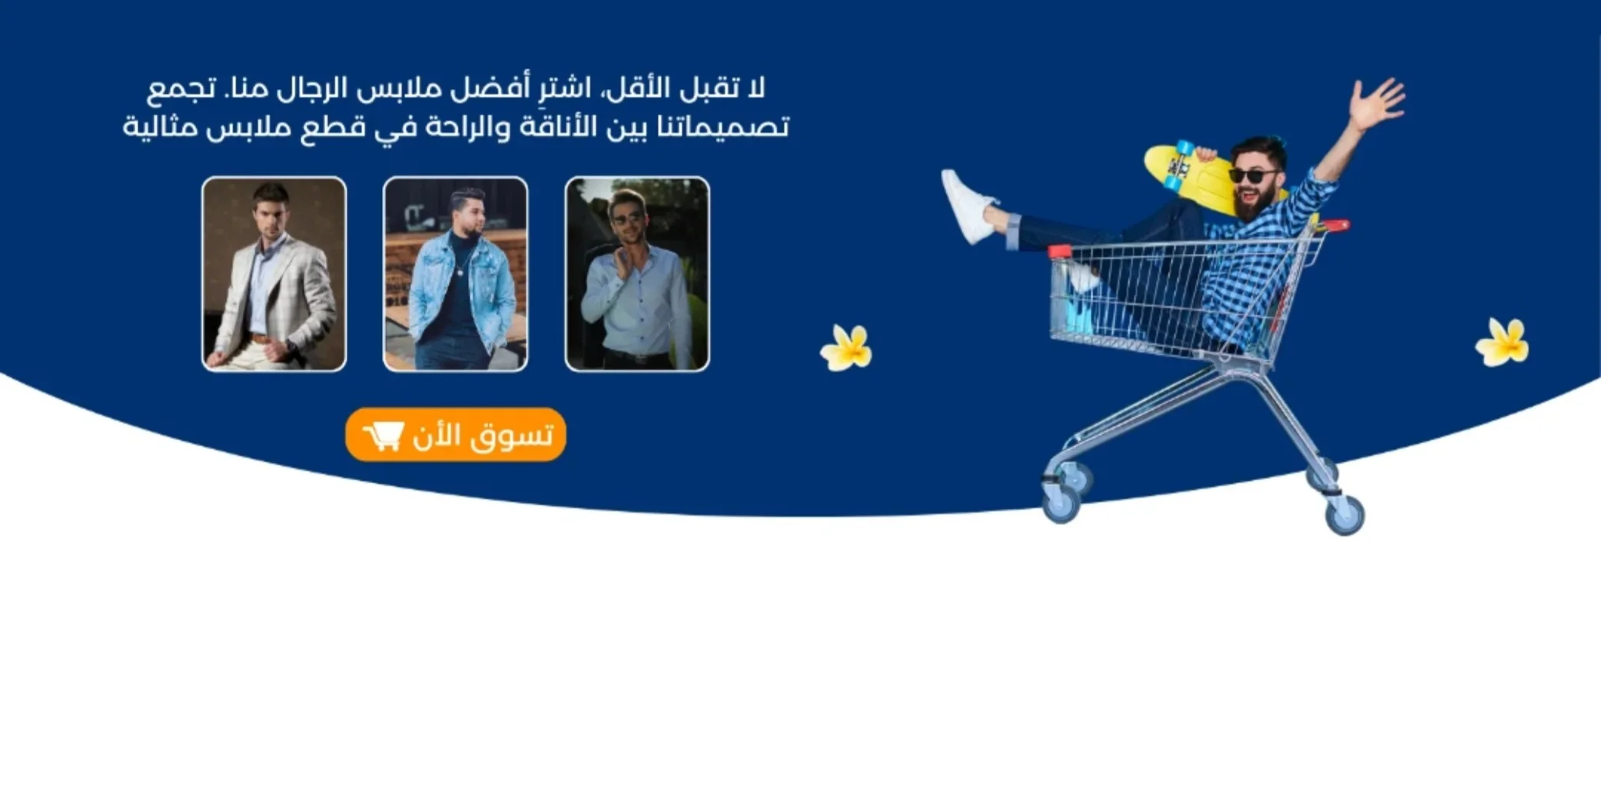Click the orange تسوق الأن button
pyautogui.click(x=456, y=434)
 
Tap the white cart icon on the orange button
pyautogui.click(x=384, y=436)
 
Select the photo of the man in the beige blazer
pyautogui.click(x=274, y=274)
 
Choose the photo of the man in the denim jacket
pyautogui.click(x=456, y=274)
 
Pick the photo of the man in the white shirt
pyautogui.click(x=637, y=274)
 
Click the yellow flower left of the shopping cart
pyautogui.click(x=846, y=347)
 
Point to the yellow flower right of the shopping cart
pyautogui.click(x=1503, y=342)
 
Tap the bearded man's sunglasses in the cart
pyautogui.click(x=1253, y=176)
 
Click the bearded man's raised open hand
pyautogui.click(x=1377, y=102)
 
